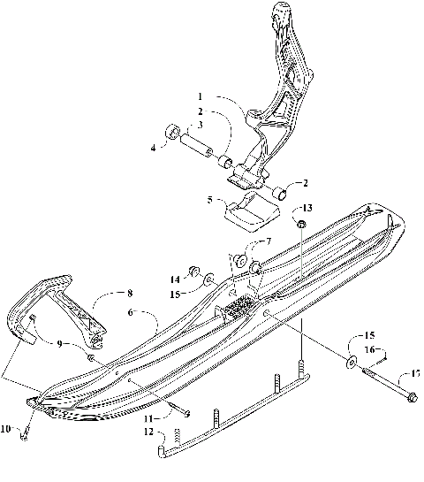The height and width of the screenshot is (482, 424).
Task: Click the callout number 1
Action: [201, 96]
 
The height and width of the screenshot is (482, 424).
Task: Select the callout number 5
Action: [208, 200]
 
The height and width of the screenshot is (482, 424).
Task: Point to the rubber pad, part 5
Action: [249, 212]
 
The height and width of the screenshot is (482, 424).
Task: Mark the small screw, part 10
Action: [27, 428]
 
